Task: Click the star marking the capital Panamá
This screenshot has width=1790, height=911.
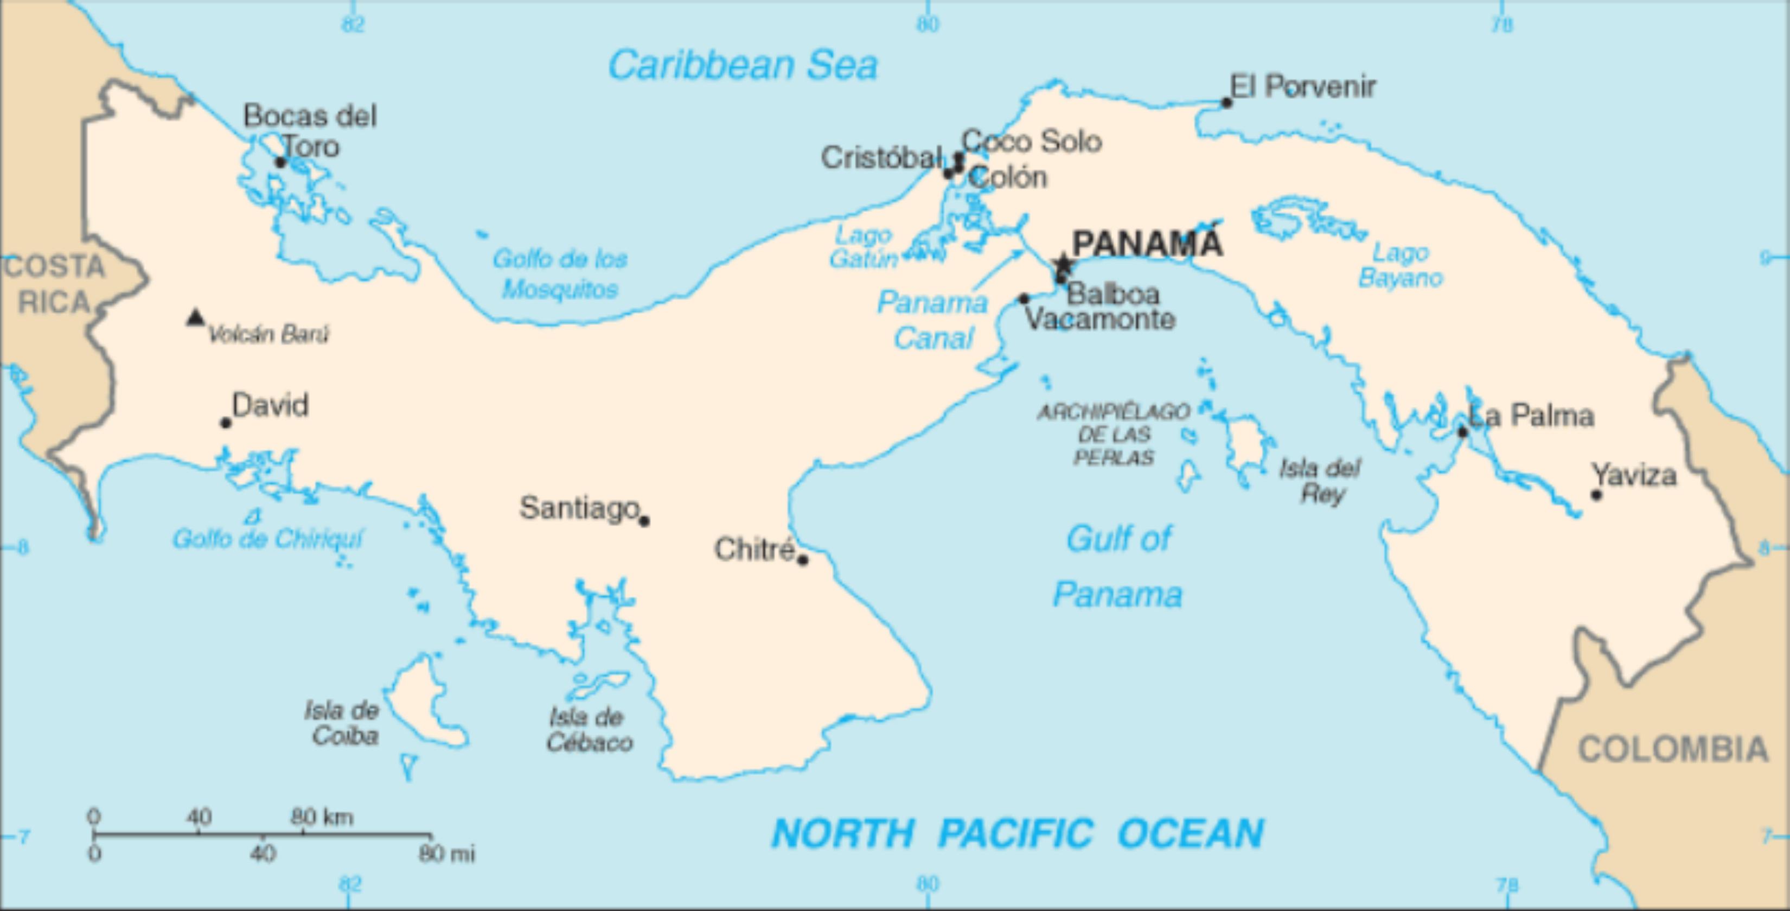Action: click(x=1063, y=265)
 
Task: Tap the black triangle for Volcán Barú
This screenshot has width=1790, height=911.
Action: click(x=196, y=318)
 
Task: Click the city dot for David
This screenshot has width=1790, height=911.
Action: click(x=225, y=423)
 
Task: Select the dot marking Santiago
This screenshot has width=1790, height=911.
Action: click(x=644, y=520)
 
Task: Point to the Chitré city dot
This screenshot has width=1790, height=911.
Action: click(x=803, y=559)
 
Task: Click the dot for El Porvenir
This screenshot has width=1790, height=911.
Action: click(x=1226, y=103)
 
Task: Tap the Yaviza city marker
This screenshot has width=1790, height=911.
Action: click(x=1596, y=495)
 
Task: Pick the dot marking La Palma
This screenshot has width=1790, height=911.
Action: click(x=1462, y=432)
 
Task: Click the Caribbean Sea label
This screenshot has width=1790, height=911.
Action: click(x=742, y=65)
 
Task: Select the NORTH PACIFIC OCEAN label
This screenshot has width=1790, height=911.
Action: click(x=1017, y=833)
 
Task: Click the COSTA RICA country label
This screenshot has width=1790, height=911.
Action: click(x=54, y=284)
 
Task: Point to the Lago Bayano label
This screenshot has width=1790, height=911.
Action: click(x=1400, y=265)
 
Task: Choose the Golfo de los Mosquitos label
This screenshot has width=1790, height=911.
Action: click(x=560, y=274)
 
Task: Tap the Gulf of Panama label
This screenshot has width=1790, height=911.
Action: click(x=1117, y=566)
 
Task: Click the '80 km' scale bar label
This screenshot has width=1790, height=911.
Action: click(x=321, y=817)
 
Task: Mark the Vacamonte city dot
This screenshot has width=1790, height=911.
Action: click(x=1024, y=299)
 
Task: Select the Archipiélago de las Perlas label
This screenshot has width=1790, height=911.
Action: click(x=1113, y=434)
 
